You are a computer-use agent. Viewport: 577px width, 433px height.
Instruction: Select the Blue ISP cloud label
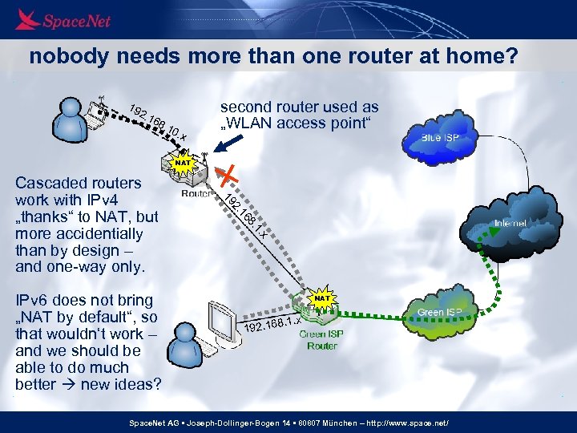tap(440, 138)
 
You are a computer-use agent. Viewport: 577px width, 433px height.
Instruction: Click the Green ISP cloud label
tap(439, 311)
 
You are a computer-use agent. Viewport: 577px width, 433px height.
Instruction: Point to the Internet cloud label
tap(510, 223)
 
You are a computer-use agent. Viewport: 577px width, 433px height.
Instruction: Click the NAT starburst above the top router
tap(184, 163)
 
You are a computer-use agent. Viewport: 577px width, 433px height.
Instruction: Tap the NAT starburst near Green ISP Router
tap(322, 298)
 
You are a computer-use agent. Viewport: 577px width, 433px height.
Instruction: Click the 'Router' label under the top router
tap(196, 193)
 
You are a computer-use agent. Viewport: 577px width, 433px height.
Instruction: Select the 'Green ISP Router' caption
tap(322, 340)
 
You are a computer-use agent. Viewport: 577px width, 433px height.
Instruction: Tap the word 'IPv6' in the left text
tap(34, 300)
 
